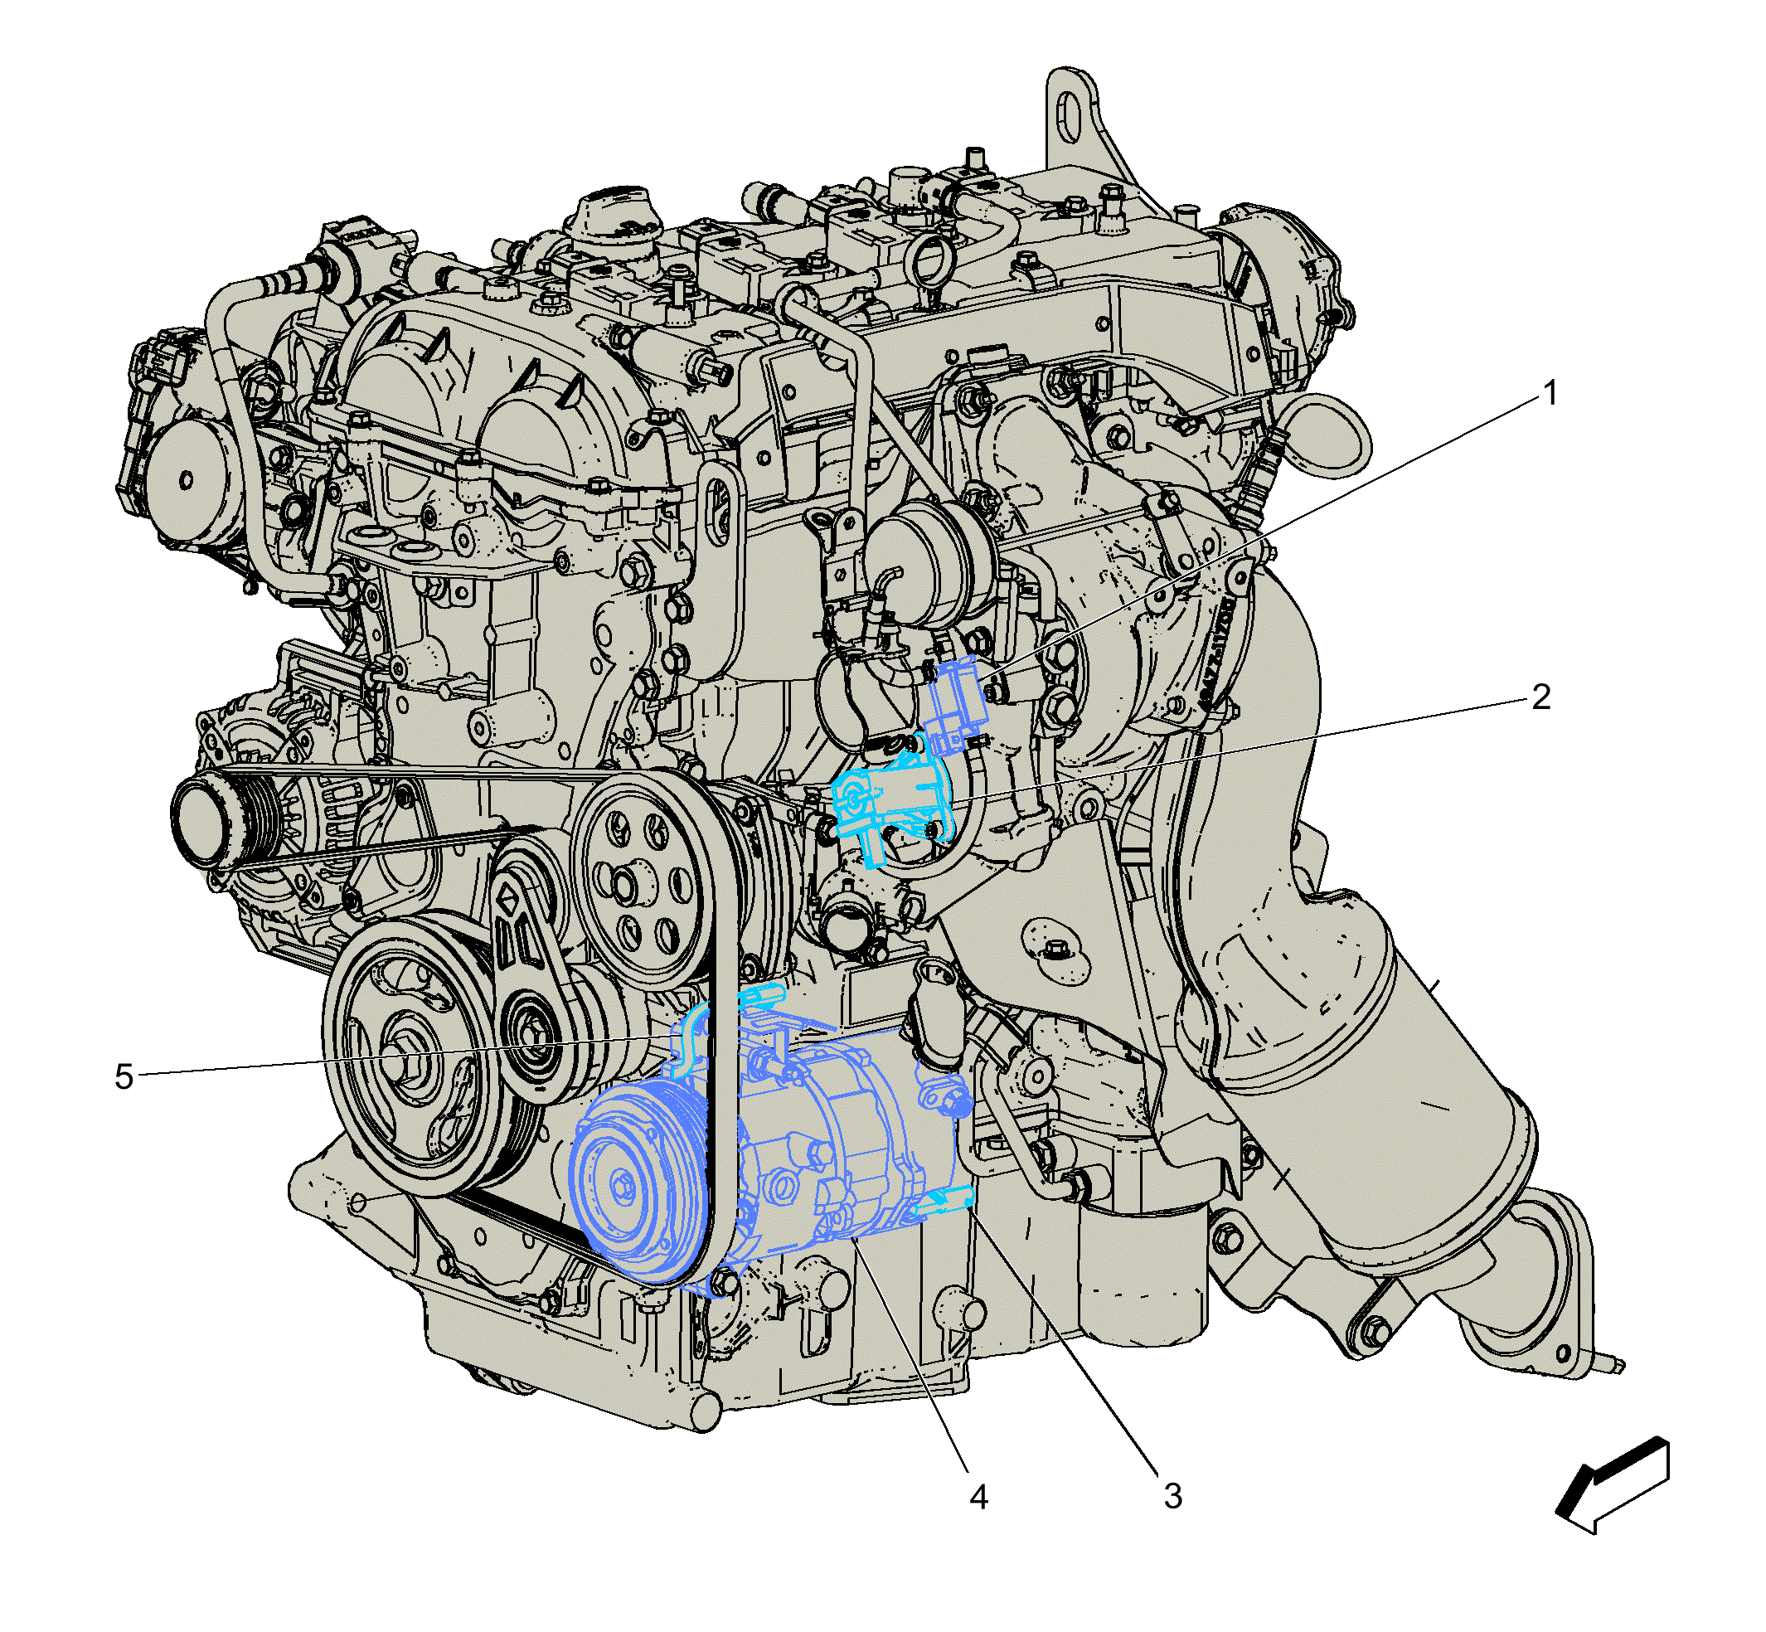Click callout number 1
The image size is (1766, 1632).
point(1550,393)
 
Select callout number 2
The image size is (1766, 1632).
point(1540,697)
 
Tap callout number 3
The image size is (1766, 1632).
point(1172,1496)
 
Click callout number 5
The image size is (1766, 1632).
point(124,1076)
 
